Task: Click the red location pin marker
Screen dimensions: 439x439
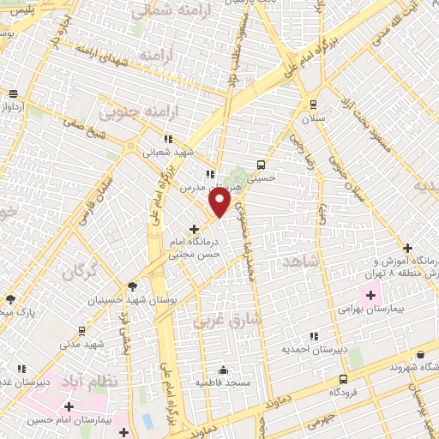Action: pyautogui.click(x=220, y=201)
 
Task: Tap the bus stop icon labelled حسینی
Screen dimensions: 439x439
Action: pyautogui.click(x=262, y=165)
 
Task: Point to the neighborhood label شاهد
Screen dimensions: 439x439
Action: pyautogui.click(x=304, y=260)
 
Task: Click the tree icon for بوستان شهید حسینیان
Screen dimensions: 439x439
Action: pyautogui.click(x=132, y=287)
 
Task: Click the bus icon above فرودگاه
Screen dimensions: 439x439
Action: pyautogui.click(x=343, y=379)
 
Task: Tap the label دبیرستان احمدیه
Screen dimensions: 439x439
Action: pyautogui.click(x=316, y=350)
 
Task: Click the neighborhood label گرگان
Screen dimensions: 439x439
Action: pyautogui.click(x=79, y=274)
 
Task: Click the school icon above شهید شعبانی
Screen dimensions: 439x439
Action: pyautogui.click(x=168, y=138)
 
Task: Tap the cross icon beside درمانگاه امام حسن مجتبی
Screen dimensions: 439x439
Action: pyautogui.click(x=194, y=230)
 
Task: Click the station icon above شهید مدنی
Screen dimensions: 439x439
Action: pyautogui.click(x=81, y=331)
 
